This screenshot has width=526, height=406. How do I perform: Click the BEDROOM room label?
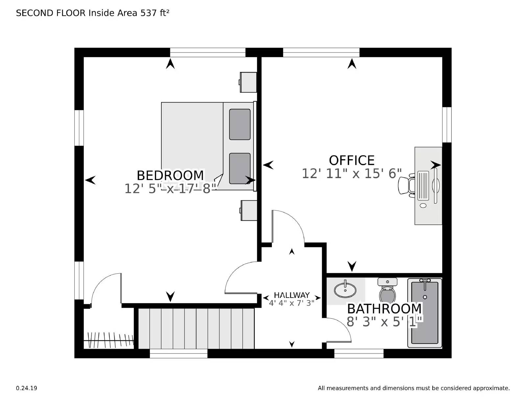pyautogui.click(x=170, y=175)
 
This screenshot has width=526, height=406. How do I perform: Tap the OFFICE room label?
pyautogui.click(x=352, y=160)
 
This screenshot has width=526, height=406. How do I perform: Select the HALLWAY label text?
pyautogui.click(x=292, y=295)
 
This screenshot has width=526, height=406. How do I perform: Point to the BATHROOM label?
pyautogui.click(x=384, y=309)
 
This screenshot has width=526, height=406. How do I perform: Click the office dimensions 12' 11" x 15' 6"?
pyautogui.click(x=352, y=173)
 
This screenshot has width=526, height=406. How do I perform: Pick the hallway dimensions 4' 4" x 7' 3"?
pyautogui.click(x=292, y=303)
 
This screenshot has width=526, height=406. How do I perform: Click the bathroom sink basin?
pyautogui.click(x=345, y=290)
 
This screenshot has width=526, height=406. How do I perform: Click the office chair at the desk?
pyautogui.click(x=406, y=186)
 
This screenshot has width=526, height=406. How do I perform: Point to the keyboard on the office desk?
pyautogui.click(x=423, y=185)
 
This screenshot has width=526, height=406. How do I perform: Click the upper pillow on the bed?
pyautogui.click(x=240, y=124)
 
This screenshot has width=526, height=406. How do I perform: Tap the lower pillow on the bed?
pyautogui.click(x=240, y=168)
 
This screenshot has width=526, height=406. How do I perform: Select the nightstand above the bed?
pyautogui.click(x=248, y=82)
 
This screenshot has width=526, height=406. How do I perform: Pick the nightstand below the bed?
pyautogui.click(x=249, y=210)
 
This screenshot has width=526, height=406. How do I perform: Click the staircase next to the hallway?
pyautogui.click(x=196, y=328)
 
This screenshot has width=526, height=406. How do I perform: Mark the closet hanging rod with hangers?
pyautogui.click(x=110, y=341)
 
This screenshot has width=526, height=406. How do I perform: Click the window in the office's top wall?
pyautogui.click(x=321, y=52)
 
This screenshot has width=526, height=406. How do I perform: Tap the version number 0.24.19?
pyautogui.click(x=27, y=388)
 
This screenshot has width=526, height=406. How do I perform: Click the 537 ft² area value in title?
pyautogui.click(x=155, y=13)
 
